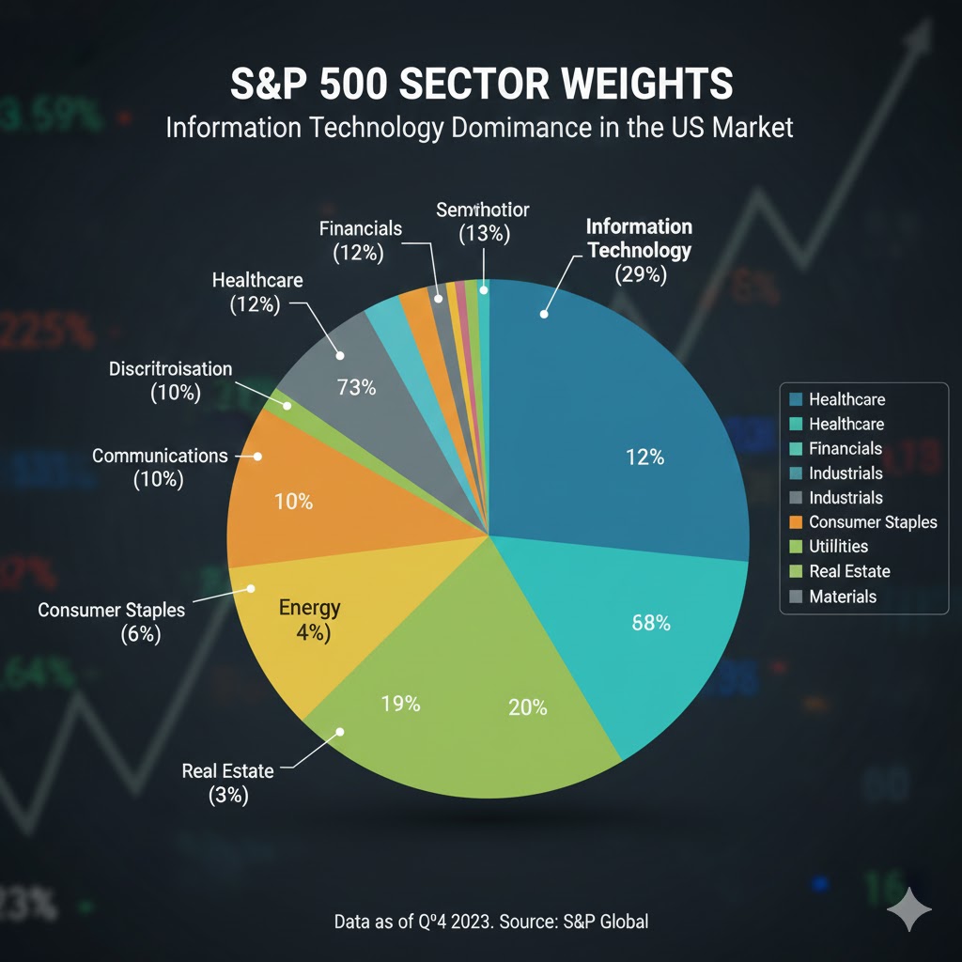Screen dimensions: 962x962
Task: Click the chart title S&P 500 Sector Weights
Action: (480, 84)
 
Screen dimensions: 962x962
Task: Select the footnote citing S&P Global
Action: (490, 921)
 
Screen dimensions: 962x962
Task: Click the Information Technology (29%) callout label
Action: (639, 250)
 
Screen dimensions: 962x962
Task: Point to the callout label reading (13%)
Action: (484, 233)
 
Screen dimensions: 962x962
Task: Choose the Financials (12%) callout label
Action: (360, 240)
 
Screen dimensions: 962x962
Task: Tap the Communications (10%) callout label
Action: (160, 467)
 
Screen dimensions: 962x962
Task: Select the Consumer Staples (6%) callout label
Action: (111, 622)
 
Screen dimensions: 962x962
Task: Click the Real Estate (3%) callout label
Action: (227, 783)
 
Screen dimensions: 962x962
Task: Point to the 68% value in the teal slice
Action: (651, 622)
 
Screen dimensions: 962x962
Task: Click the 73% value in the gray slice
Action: (356, 387)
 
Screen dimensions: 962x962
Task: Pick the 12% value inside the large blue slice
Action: (644, 458)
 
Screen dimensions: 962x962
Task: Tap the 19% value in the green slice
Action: (400, 703)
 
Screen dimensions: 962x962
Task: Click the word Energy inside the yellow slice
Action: (310, 607)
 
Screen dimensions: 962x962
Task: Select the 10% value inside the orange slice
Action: (293, 503)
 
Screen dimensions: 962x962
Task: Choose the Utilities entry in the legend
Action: (838, 546)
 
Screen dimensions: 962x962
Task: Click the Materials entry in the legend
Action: (842, 596)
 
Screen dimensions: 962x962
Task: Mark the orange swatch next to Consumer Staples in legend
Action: (796, 522)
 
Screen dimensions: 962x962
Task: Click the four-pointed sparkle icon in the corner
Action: (909, 910)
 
